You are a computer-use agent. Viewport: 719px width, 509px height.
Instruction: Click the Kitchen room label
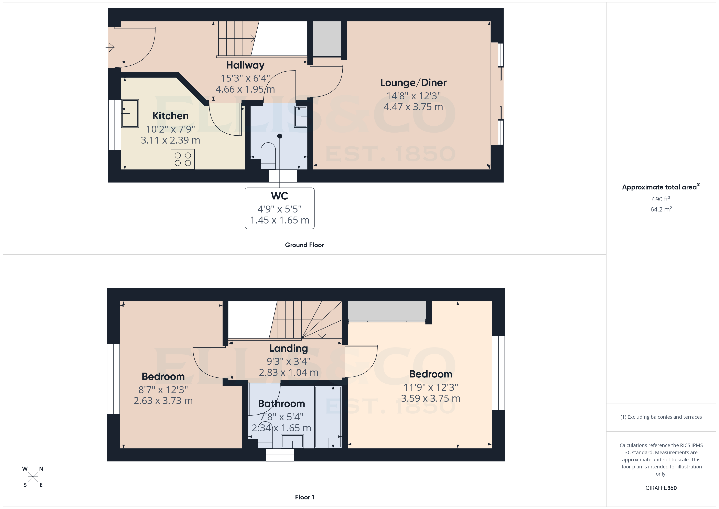tap(170, 116)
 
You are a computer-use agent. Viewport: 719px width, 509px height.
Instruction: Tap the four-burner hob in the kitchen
tap(183, 159)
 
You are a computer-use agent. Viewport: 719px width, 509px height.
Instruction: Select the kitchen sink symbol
tap(130, 113)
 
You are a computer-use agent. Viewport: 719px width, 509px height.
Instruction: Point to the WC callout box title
tap(279, 196)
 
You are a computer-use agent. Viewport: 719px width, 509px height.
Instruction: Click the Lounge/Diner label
tap(413, 83)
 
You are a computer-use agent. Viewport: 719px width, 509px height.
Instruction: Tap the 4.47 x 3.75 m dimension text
tap(413, 107)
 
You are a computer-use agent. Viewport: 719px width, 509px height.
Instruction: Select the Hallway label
tap(245, 65)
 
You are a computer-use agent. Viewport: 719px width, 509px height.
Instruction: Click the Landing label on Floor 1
tap(288, 348)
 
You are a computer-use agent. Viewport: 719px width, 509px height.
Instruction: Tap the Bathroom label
tap(281, 404)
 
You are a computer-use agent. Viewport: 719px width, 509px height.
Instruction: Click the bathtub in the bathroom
tap(328, 417)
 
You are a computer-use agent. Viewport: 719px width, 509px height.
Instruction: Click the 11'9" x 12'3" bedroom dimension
tap(431, 387)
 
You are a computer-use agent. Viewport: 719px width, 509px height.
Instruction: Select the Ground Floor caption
tap(304, 245)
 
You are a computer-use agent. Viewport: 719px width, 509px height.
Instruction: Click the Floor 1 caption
tap(304, 497)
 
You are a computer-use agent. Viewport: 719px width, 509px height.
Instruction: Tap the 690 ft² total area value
tap(661, 199)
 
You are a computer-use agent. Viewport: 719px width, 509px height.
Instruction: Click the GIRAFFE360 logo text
tap(661, 488)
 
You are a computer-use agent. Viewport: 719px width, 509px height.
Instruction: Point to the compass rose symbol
tap(33, 477)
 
